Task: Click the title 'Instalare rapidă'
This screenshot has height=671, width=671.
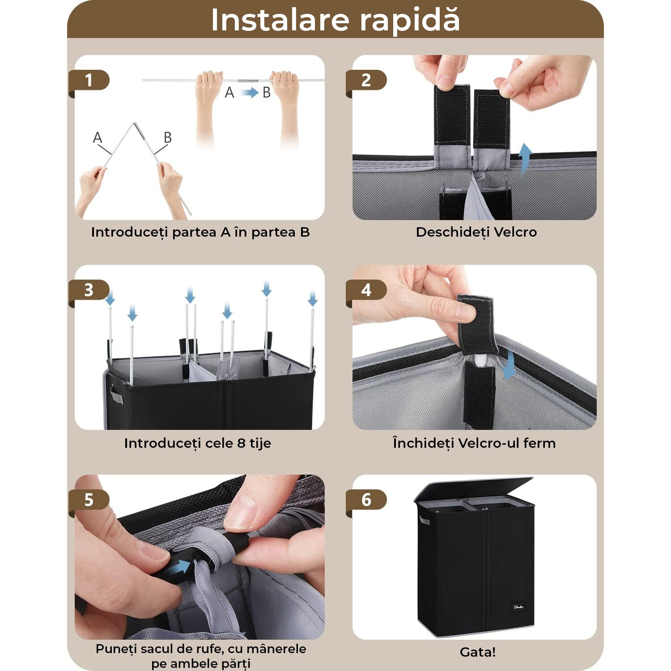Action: (x=335, y=20)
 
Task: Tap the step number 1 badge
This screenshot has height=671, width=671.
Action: (x=89, y=81)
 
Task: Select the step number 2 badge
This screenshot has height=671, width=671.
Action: (x=366, y=81)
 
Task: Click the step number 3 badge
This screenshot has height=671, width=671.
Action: (x=89, y=290)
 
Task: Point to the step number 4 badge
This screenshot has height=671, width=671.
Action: (x=366, y=290)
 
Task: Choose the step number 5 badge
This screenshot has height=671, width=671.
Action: (x=89, y=500)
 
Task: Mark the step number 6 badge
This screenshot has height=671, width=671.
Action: (x=366, y=500)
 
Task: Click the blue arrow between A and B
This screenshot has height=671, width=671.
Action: (x=248, y=93)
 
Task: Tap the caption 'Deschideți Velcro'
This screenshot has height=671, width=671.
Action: (x=476, y=232)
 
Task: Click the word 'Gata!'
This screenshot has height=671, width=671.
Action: (x=478, y=652)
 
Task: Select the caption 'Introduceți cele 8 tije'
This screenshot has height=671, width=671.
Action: (x=197, y=443)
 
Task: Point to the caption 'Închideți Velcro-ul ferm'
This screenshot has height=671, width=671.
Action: (x=474, y=443)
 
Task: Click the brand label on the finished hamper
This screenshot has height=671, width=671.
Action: (x=518, y=607)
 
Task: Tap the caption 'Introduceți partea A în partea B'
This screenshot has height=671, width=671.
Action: (x=200, y=232)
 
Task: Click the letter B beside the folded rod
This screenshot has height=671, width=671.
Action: (x=168, y=137)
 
